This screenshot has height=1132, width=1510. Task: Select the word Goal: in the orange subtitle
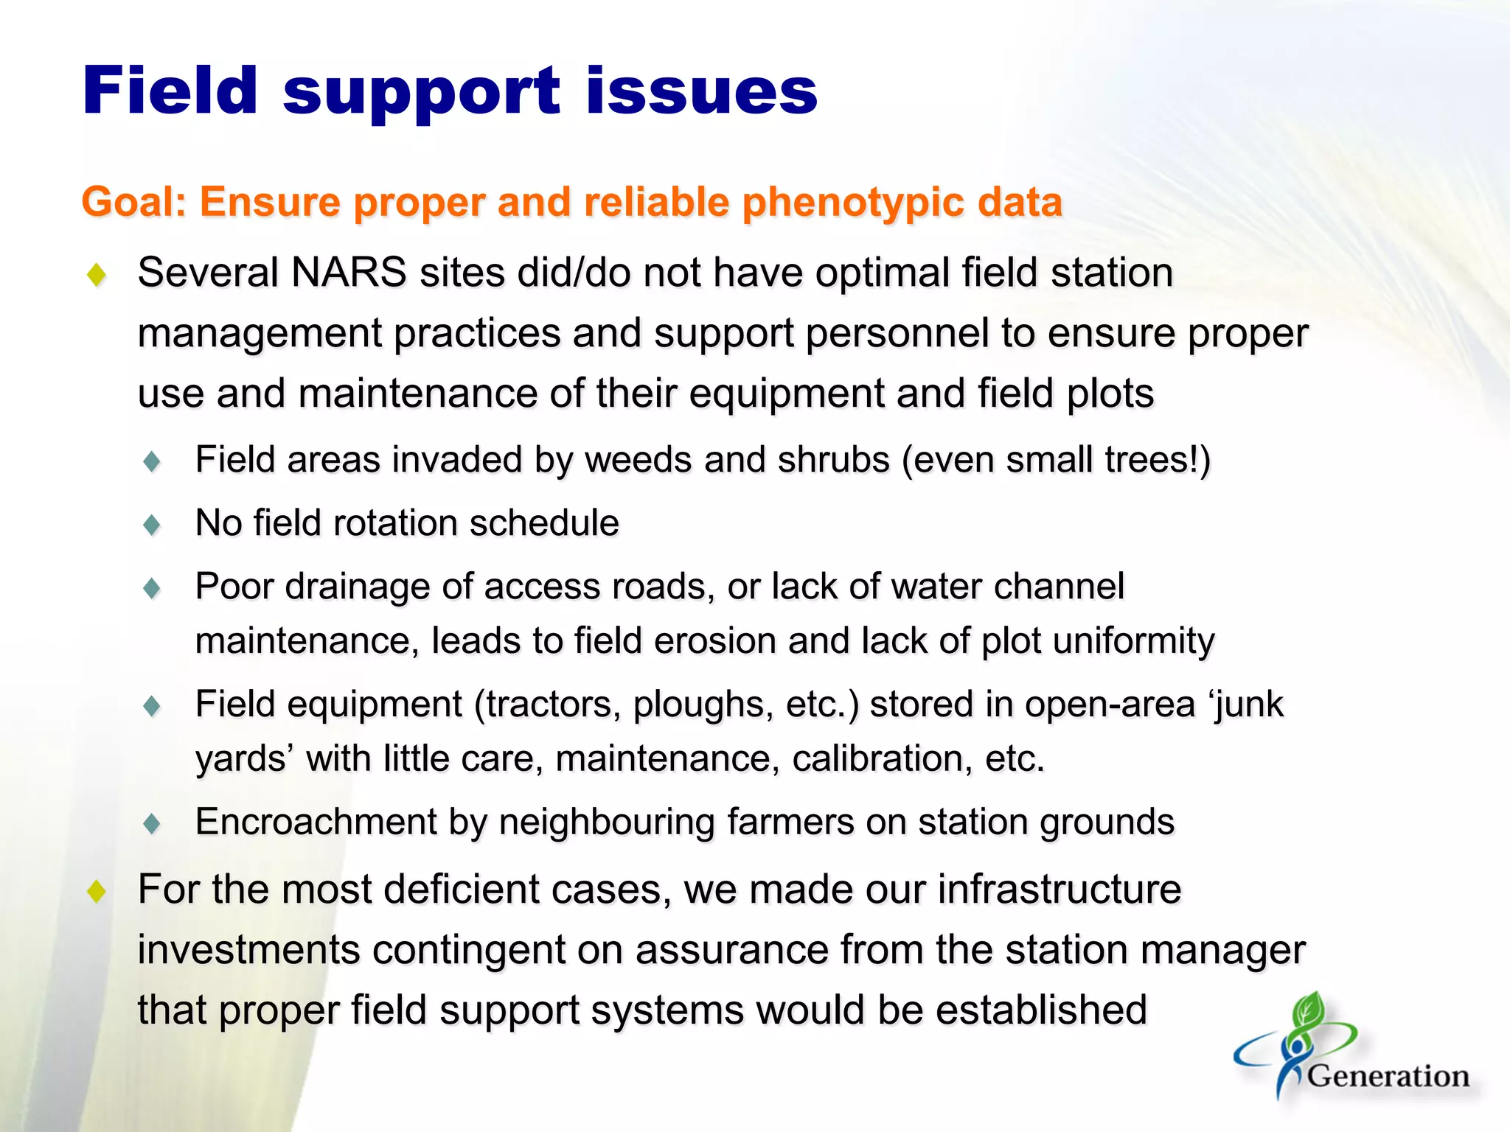pyautogui.click(x=133, y=202)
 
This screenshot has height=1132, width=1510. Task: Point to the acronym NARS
pyautogui.click(x=349, y=273)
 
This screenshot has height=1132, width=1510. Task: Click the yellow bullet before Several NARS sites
pyautogui.click(x=97, y=276)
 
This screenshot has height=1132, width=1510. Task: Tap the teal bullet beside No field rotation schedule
pyautogui.click(x=153, y=525)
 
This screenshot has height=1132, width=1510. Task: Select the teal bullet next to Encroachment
pyautogui.click(x=153, y=823)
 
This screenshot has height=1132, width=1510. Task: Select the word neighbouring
pyautogui.click(x=607, y=822)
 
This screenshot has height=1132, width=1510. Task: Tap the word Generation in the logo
pyautogui.click(x=1388, y=1076)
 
